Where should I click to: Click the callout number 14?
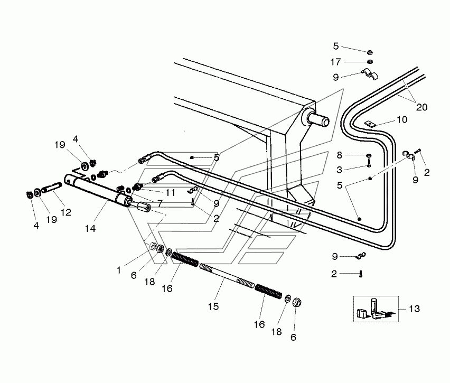90,229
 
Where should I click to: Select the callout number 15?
213,306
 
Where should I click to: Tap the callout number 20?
421,107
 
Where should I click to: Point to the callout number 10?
402,119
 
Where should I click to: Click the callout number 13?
414,309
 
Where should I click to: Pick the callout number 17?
335,62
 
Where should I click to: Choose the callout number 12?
65,212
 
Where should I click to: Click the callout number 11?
171,192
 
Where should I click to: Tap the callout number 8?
339,155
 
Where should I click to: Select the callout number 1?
118,270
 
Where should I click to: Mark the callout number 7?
160,203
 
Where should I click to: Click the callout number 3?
339,170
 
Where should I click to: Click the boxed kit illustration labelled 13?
376,309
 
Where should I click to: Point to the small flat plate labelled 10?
370,124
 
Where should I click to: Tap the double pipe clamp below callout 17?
369,74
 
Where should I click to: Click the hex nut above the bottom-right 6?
297,302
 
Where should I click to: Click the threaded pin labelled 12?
52,188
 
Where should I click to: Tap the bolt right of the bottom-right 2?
361,274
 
